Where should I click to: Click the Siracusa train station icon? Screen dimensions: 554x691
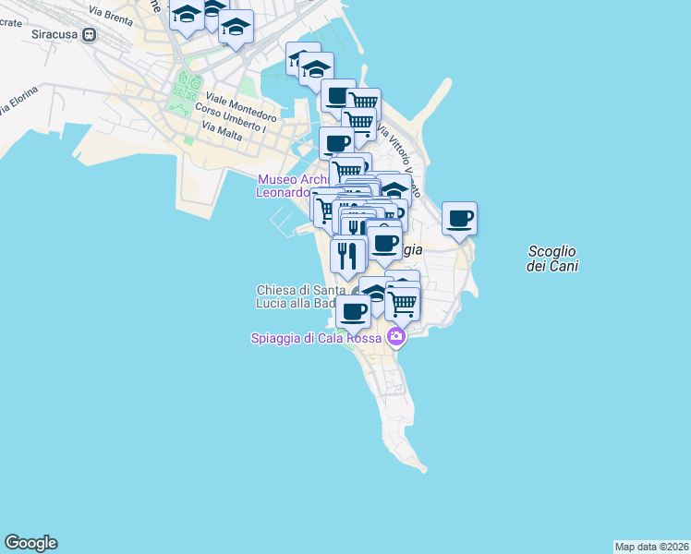point(90,35)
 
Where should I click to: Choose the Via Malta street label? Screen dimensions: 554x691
point(221,132)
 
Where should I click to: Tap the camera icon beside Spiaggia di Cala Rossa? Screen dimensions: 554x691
point(396,336)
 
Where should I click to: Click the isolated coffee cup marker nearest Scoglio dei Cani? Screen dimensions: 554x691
point(459,219)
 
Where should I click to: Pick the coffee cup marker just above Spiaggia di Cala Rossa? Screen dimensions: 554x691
point(353,311)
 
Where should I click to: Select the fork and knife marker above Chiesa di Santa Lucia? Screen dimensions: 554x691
point(347,254)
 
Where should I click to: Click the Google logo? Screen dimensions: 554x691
point(30,543)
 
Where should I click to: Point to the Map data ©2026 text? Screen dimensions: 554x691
point(651,546)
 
